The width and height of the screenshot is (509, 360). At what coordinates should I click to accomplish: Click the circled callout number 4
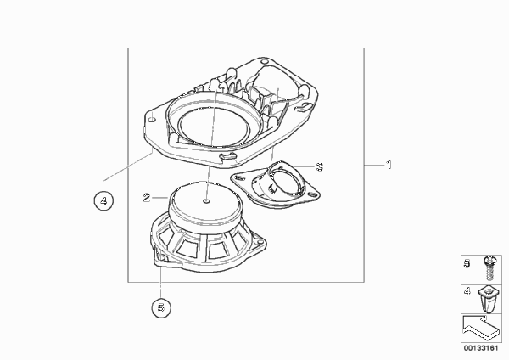(103, 200)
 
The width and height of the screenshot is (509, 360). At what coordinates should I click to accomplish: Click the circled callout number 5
(161, 307)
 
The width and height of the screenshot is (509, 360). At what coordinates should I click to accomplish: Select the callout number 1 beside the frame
(389, 165)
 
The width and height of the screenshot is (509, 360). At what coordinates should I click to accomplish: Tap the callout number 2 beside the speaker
(147, 197)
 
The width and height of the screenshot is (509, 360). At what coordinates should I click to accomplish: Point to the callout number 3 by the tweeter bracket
(320, 166)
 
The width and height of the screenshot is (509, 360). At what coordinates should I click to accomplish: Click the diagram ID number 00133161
(481, 348)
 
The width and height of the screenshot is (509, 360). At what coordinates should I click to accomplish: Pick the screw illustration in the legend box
(489, 269)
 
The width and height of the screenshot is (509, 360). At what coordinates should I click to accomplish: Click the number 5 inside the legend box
(467, 263)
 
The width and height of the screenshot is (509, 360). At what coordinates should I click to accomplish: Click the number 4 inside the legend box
(467, 291)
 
